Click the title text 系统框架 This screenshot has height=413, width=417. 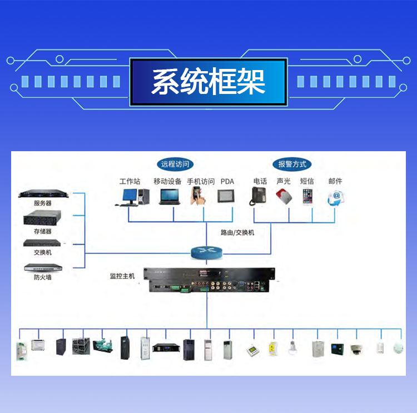pyautogui.click(x=209, y=81)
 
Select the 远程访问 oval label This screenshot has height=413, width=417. pyautogui.click(x=175, y=164)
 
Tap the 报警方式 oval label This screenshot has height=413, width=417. pyautogui.click(x=292, y=164)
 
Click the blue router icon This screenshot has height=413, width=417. pyautogui.click(x=207, y=252)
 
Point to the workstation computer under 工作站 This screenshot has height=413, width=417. pyautogui.click(x=132, y=197)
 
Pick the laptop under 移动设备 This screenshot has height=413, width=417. pyautogui.click(x=170, y=197)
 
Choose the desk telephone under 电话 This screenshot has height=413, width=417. pyautogui.click(x=257, y=196)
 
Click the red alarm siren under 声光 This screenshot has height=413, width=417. pyautogui.click(x=284, y=196)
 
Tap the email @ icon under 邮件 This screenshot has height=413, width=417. pyautogui.click(x=336, y=198)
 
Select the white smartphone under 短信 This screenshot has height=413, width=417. pyautogui.click(x=307, y=196)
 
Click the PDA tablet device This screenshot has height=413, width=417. pyautogui.click(x=226, y=196)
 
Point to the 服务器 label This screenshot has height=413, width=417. pyautogui.click(x=43, y=203)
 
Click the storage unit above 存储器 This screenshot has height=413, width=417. pyautogui.click(x=42, y=218)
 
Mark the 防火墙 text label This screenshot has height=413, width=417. pyautogui.click(x=43, y=277)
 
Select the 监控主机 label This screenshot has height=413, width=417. pyautogui.click(x=122, y=276)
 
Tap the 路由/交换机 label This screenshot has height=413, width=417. pyautogui.click(x=237, y=232)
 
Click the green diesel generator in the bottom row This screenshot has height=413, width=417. pyautogui.click(x=103, y=345)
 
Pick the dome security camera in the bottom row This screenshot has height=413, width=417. pyautogui.click(x=356, y=349)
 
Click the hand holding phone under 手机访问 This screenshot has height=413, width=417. pyautogui.click(x=198, y=196)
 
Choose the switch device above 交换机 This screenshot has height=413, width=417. pyautogui.click(x=42, y=243)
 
